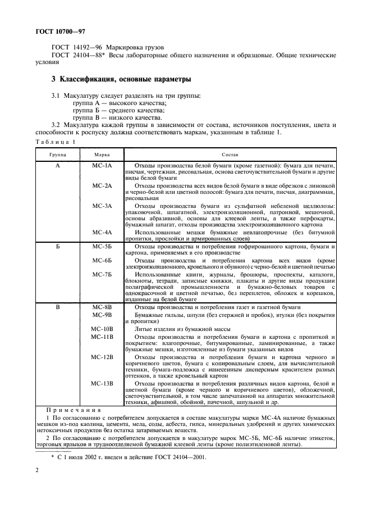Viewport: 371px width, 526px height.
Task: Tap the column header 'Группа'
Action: (57, 154)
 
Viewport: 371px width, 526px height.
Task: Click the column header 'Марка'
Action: (102, 154)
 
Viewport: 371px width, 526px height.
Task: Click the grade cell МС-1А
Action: (102, 166)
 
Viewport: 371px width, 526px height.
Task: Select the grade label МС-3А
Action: (102, 206)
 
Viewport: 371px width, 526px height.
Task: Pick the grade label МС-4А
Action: (102, 232)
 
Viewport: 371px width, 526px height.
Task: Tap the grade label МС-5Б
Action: (102, 247)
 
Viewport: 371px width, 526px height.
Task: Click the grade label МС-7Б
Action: (102, 274)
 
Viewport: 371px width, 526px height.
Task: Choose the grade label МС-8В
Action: (102, 307)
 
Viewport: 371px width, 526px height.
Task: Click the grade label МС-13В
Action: (102, 383)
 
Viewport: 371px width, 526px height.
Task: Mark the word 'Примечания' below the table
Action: (73, 411)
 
